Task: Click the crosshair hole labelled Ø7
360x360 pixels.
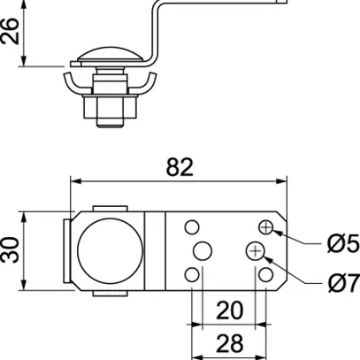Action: coord(257,252)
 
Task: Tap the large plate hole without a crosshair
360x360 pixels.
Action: coord(202,251)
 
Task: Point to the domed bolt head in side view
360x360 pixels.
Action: coord(105,60)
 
